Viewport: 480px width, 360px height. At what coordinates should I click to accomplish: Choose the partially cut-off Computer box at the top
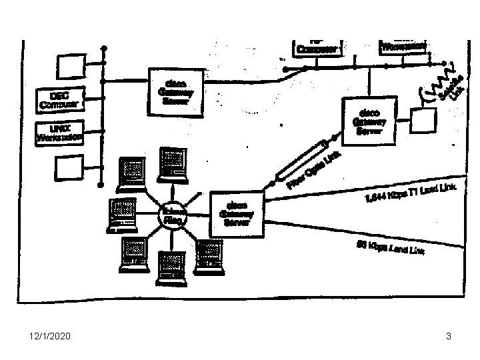pyautogui.click(x=317, y=45)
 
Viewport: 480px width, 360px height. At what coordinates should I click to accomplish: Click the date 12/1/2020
pyautogui.click(x=44, y=337)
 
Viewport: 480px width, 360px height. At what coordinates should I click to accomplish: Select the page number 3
pyautogui.click(x=449, y=337)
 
